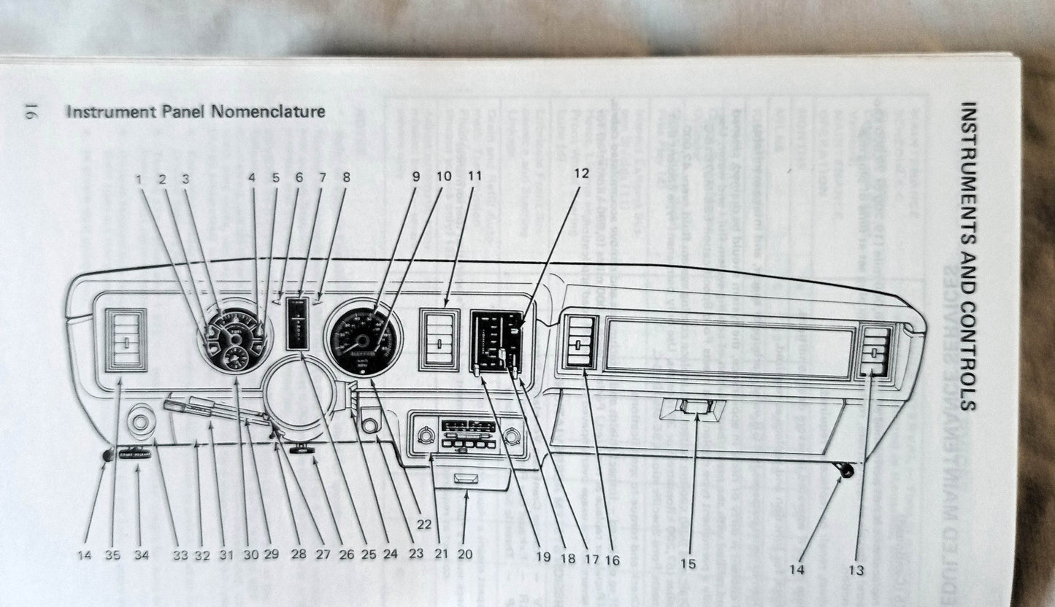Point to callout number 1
coord(140,177)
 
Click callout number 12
coord(581,174)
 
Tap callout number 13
coord(856,570)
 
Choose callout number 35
coord(112,555)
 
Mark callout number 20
coord(464,554)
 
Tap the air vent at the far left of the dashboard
coord(126,340)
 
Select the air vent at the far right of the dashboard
coord(875,350)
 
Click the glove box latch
coord(691,409)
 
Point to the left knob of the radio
coord(424,437)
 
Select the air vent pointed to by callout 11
coord(439,339)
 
